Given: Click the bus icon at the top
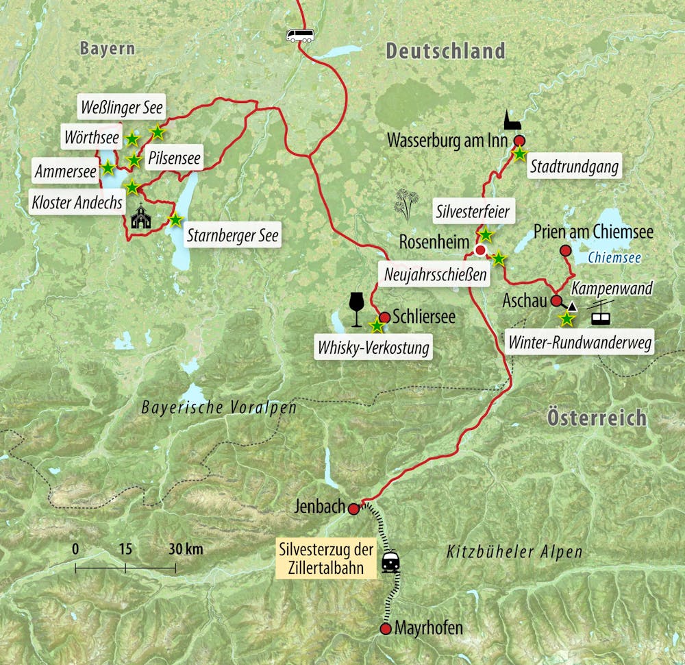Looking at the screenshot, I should [300, 36].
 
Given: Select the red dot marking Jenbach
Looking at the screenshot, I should [353, 509].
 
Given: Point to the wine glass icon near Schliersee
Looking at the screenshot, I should [356, 309].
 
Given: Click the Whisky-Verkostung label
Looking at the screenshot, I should [373, 348].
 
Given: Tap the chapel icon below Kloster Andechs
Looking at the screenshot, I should [141, 217].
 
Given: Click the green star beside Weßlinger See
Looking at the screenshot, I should [158, 132].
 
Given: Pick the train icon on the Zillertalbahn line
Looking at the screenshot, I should [391, 562].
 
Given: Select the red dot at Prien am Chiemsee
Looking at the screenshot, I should [564, 251].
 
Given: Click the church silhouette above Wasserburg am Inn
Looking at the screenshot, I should [511, 121].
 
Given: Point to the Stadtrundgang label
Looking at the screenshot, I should [574, 166].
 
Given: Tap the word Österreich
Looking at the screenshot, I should [596, 418].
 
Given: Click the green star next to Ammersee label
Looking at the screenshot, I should [108, 167].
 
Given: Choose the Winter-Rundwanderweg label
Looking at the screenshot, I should [579, 342].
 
